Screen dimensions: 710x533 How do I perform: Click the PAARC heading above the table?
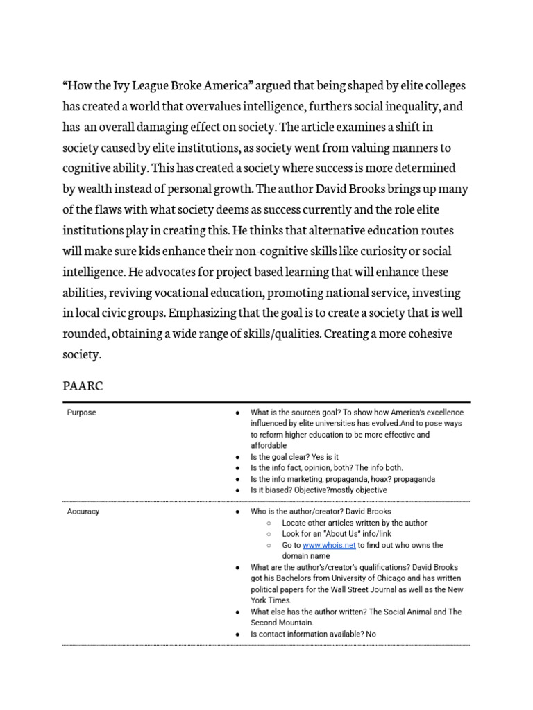pyautogui.click(x=83, y=386)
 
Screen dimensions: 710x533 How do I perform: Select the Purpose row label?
pyautogui.click(x=81, y=413)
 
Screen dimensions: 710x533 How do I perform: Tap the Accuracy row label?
pyautogui.click(x=83, y=512)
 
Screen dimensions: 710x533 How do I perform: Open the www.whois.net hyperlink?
pyautogui.click(x=329, y=545)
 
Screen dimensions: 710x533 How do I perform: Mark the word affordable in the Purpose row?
pyautogui.click(x=269, y=446)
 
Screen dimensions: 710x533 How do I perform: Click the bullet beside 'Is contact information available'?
pyautogui.click(x=237, y=634)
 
